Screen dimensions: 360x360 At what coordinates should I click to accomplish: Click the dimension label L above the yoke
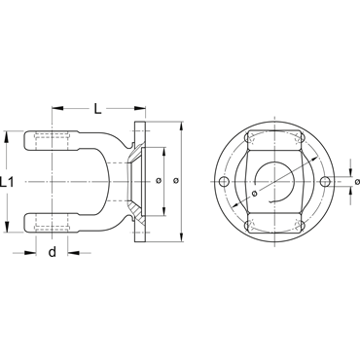coord(97,108)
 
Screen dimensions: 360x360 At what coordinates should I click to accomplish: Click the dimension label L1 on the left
coord(7,182)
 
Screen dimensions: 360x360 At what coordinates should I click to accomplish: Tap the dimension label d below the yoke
coord(52,252)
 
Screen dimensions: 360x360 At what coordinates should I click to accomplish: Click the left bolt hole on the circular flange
coord(224,182)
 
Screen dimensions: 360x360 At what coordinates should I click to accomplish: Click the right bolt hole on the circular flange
coord(325,182)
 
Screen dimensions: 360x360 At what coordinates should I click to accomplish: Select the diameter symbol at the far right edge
coord(357,182)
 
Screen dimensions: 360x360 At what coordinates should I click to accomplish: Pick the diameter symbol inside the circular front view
coord(254,194)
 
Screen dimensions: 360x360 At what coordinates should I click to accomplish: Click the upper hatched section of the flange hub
coord(135,154)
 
